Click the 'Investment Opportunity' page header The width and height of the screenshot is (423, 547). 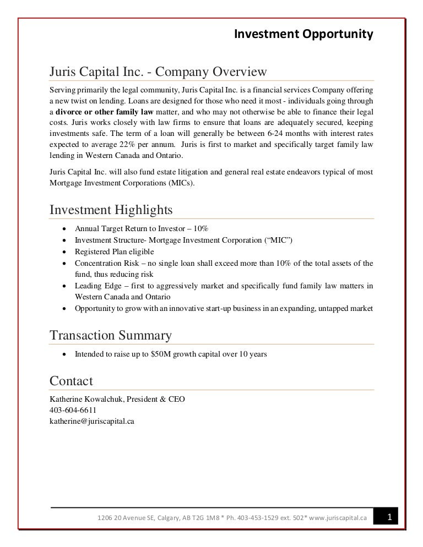[x=304, y=35]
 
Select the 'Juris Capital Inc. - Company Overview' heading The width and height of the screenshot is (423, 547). [x=158, y=72]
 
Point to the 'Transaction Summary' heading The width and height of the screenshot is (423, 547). [x=110, y=335]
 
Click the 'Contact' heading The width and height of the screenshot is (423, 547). [x=71, y=381]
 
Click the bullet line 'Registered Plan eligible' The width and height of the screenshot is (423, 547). [x=115, y=251]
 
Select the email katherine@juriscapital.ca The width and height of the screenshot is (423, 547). [x=92, y=421]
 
